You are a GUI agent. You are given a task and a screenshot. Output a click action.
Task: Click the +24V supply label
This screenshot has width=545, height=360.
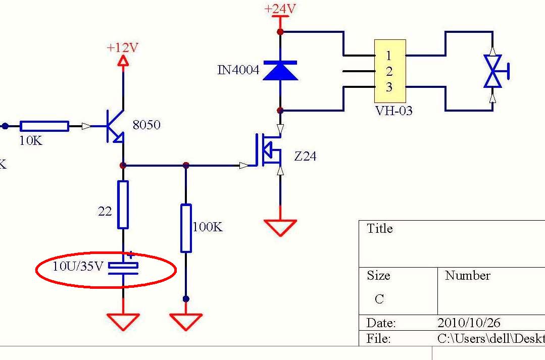(x=280, y=9)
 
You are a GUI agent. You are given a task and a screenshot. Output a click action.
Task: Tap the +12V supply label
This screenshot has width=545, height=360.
(x=122, y=48)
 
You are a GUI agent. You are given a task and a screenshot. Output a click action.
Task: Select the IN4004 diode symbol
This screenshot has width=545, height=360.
(x=280, y=70)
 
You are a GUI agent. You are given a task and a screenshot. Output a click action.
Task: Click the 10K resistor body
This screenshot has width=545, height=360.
(x=44, y=126)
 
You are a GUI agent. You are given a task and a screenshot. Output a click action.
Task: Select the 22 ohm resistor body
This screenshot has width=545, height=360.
(x=123, y=204)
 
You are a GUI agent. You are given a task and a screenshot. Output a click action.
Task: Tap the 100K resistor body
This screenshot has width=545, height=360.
(x=186, y=228)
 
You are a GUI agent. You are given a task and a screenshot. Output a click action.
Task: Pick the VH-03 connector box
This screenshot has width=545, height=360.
(x=389, y=71)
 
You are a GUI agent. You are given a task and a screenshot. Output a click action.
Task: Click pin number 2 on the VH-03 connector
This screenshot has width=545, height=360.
(x=389, y=71)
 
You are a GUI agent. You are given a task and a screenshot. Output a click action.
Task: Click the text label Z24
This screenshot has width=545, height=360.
(x=305, y=157)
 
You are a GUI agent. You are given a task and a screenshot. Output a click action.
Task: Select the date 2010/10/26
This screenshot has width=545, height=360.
(x=469, y=323)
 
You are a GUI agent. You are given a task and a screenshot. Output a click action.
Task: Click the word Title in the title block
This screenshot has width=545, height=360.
(x=380, y=229)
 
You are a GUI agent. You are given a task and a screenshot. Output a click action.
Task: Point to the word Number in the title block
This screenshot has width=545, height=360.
(x=467, y=276)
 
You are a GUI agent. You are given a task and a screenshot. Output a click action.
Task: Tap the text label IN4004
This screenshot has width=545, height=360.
(x=238, y=70)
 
